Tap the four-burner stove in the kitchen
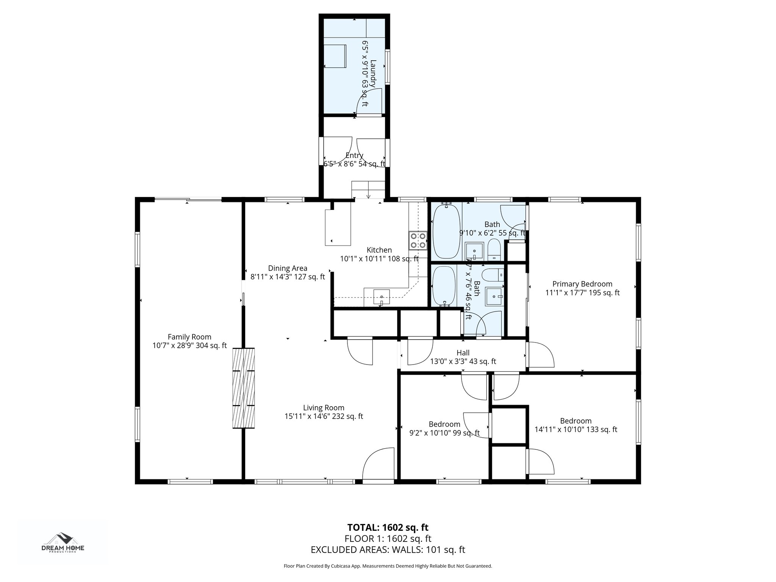418,240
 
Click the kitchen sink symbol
382,296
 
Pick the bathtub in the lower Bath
444,286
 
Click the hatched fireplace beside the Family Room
243,388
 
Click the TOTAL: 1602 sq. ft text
388,527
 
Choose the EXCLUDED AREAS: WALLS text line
388,550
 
